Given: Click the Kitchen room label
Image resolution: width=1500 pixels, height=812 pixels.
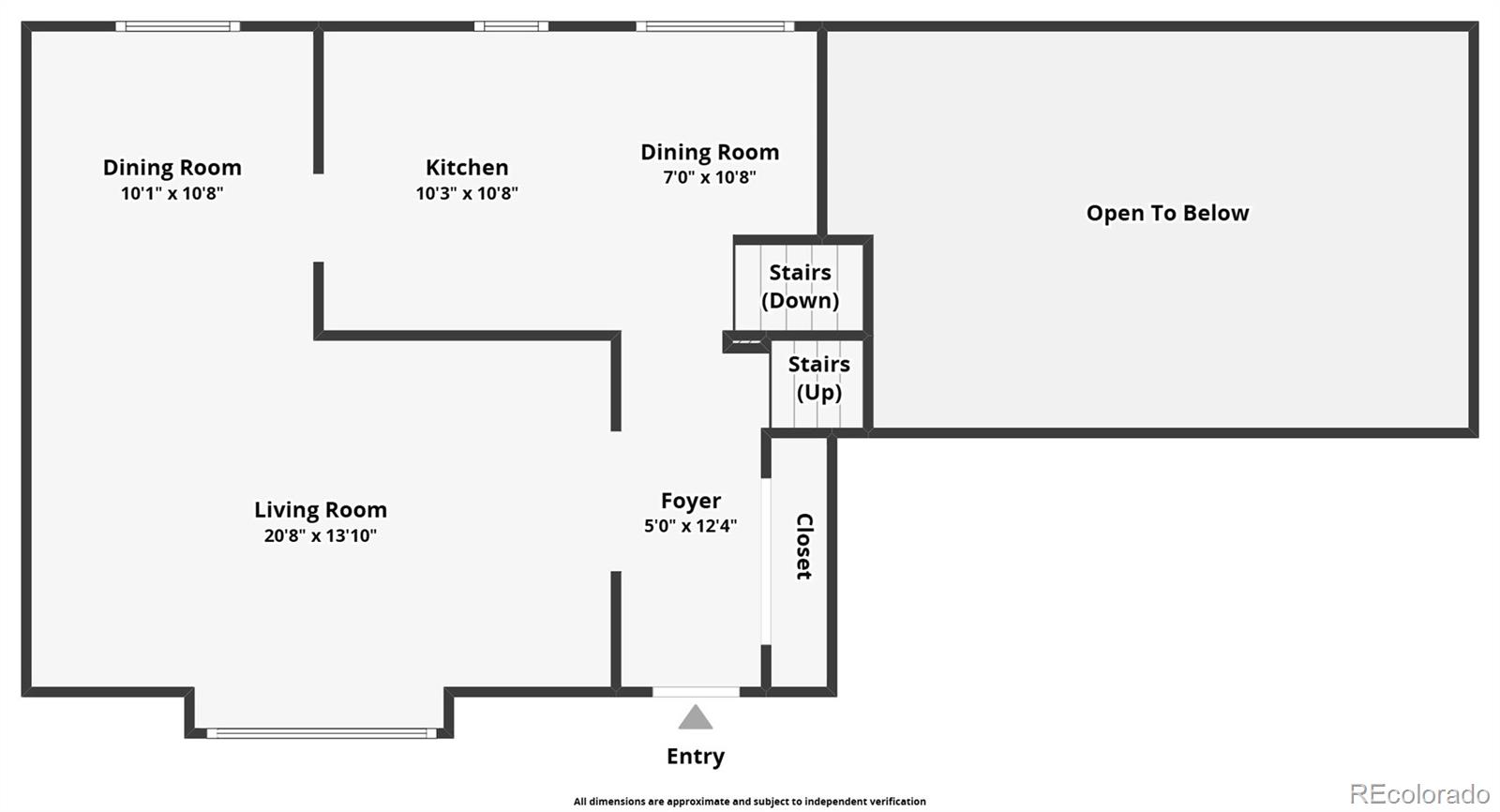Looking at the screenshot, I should pyautogui.click(x=467, y=168).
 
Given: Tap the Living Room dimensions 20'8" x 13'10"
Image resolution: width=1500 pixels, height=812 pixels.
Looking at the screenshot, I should pyautogui.click(x=321, y=535).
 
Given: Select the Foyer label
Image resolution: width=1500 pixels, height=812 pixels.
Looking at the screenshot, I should pyautogui.click(x=691, y=501).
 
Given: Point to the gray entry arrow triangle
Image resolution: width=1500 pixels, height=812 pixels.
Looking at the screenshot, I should pyautogui.click(x=695, y=718).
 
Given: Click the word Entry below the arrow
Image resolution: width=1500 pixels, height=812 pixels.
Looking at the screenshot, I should pyautogui.click(x=695, y=757).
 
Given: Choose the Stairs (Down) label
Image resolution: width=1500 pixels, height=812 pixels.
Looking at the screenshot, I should pyautogui.click(x=800, y=286).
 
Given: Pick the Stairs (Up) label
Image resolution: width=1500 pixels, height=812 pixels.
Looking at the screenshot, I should pyautogui.click(x=818, y=378).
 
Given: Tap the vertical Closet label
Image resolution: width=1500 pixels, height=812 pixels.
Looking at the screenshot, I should pyautogui.click(x=803, y=547).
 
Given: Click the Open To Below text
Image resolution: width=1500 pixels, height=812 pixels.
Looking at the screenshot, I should pyautogui.click(x=1167, y=213).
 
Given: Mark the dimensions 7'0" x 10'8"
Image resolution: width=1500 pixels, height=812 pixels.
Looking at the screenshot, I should pyautogui.click(x=710, y=177).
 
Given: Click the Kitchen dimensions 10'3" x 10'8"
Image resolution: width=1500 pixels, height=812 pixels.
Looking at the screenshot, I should pyautogui.click(x=467, y=193).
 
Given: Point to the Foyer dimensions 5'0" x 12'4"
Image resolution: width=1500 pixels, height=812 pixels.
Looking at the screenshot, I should pyautogui.click(x=691, y=526).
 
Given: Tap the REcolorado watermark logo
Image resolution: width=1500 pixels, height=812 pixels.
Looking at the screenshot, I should pyautogui.click(x=1419, y=793).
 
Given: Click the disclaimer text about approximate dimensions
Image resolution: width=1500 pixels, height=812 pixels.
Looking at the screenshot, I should pyautogui.click(x=749, y=802).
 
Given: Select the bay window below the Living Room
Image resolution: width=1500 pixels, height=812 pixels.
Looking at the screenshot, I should pyautogui.click(x=321, y=733).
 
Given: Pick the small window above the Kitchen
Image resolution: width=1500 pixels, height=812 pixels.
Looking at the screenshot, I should pyautogui.click(x=511, y=26).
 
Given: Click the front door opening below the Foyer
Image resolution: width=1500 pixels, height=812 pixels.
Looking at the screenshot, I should pyautogui.click(x=696, y=692).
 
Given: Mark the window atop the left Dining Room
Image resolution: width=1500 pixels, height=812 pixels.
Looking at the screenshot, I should pyautogui.click(x=178, y=26).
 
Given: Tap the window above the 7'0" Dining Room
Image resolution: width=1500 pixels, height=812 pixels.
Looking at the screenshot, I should pyautogui.click(x=715, y=26).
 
